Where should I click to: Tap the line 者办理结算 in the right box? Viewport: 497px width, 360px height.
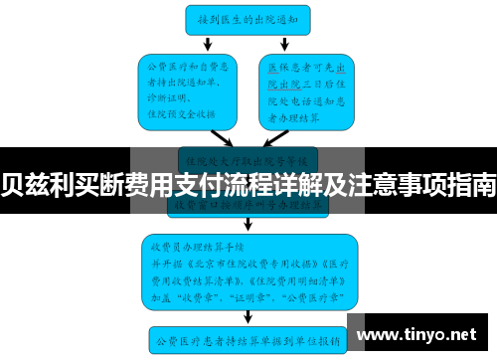297,114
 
